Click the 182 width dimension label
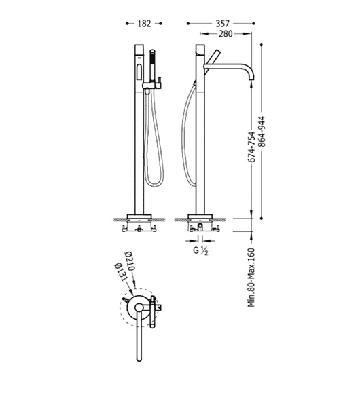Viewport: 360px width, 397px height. click(144, 24)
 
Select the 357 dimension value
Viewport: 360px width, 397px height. click(222, 24)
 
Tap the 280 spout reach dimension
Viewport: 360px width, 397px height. click(226, 33)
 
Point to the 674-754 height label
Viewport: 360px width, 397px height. click(251, 147)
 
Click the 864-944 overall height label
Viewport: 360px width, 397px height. click(262, 132)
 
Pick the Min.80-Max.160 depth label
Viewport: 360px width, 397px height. click(251, 278)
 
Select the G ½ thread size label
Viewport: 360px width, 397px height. click(200, 250)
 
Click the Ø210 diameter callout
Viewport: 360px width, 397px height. click(129, 261)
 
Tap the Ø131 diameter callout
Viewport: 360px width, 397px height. click(121, 272)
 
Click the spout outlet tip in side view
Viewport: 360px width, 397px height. click(251, 79)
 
